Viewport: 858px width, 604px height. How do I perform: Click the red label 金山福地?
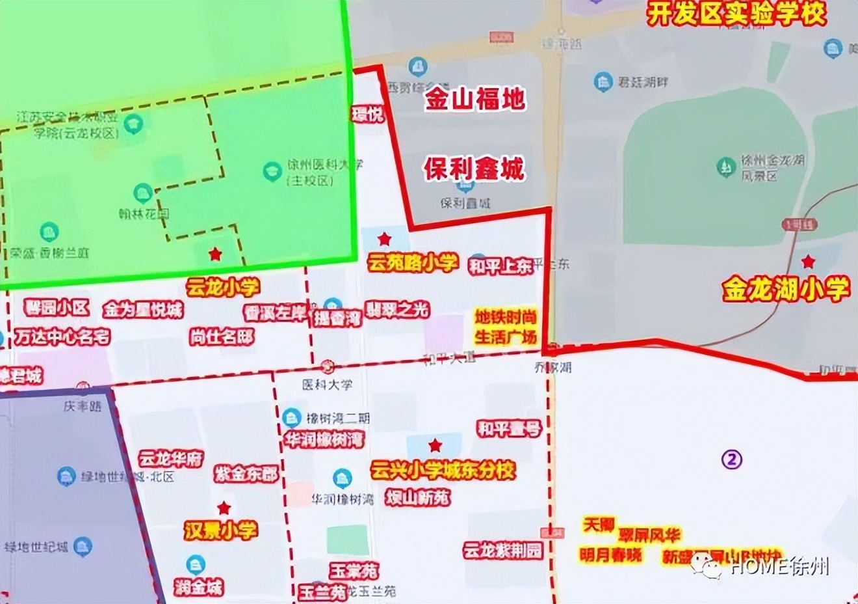[x=475, y=100]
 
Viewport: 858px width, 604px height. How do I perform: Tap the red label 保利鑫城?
[x=474, y=169]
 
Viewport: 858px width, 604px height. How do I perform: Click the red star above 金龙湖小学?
[x=808, y=262]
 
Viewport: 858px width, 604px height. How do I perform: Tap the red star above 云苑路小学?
[x=385, y=238]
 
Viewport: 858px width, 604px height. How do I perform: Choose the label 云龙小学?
[x=223, y=287]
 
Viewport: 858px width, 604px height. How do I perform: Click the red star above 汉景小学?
[x=224, y=508]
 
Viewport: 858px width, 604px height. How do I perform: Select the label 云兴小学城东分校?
[x=443, y=471]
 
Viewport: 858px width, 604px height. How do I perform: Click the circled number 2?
[x=732, y=460]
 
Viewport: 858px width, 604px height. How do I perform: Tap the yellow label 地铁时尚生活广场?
[x=506, y=327]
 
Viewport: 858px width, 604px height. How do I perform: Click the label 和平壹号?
[x=508, y=428]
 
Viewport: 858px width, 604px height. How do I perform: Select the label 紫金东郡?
[x=246, y=474]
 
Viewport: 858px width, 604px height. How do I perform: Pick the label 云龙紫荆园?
[x=502, y=551]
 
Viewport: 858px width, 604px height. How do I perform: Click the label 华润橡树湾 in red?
[x=325, y=440]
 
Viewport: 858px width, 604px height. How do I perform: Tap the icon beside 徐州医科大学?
[x=272, y=172]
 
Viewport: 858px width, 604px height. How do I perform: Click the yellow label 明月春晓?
[x=610, y=555]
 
